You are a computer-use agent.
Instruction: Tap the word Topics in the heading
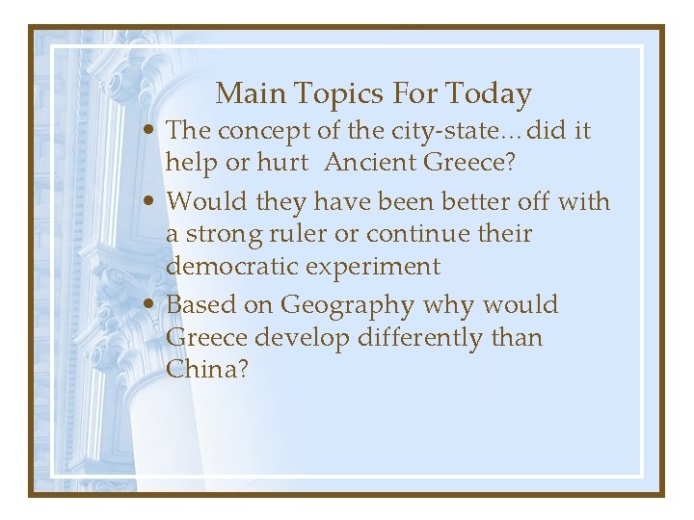[327, 94]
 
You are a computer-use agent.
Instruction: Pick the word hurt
[282, 163]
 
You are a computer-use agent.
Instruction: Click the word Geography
[347, 306]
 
